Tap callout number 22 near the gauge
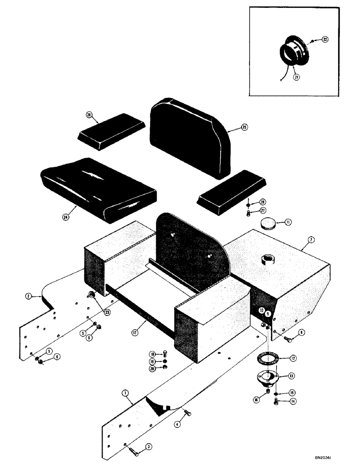tap(325, 40)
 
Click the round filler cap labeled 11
tap(268, 224)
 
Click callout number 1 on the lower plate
tap(125, 393)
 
